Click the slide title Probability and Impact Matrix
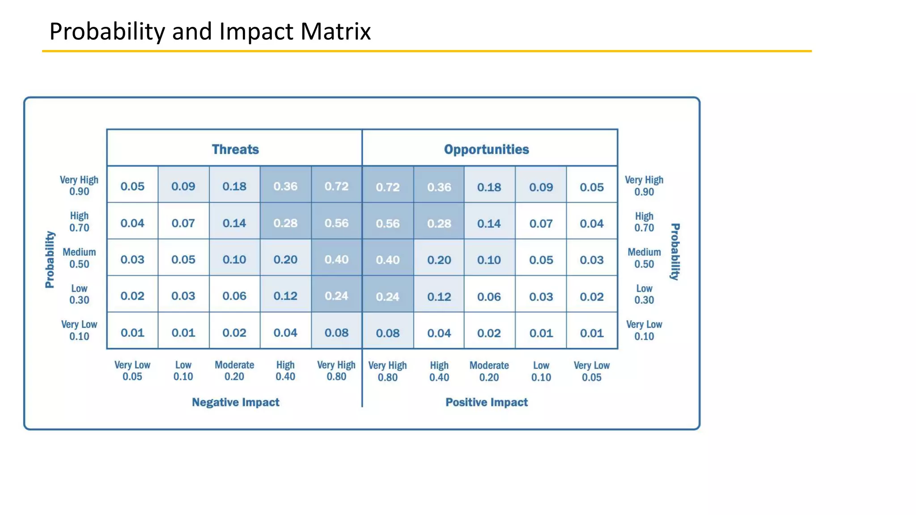(210, 31)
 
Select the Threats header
(235, 149)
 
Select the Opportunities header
(486, 149)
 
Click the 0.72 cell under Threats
(336, 186)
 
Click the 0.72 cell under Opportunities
(387, 187)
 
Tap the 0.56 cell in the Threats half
(336, 223)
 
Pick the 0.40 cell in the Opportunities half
(387, 260)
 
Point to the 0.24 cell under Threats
(336, 296)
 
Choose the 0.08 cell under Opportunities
(387, 333)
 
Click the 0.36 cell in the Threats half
(285, 186)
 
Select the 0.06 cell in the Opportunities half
(489, 296)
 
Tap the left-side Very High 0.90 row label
(79, 186)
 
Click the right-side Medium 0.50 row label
(644, 258)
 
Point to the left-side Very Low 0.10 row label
(79, 330)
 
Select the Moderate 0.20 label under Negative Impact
(234, 371)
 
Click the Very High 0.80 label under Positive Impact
(387, 371)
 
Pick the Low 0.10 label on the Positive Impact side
(541, 371)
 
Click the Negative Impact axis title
(235, 402)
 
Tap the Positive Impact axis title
(486, 402)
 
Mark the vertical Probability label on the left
(50, 259)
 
